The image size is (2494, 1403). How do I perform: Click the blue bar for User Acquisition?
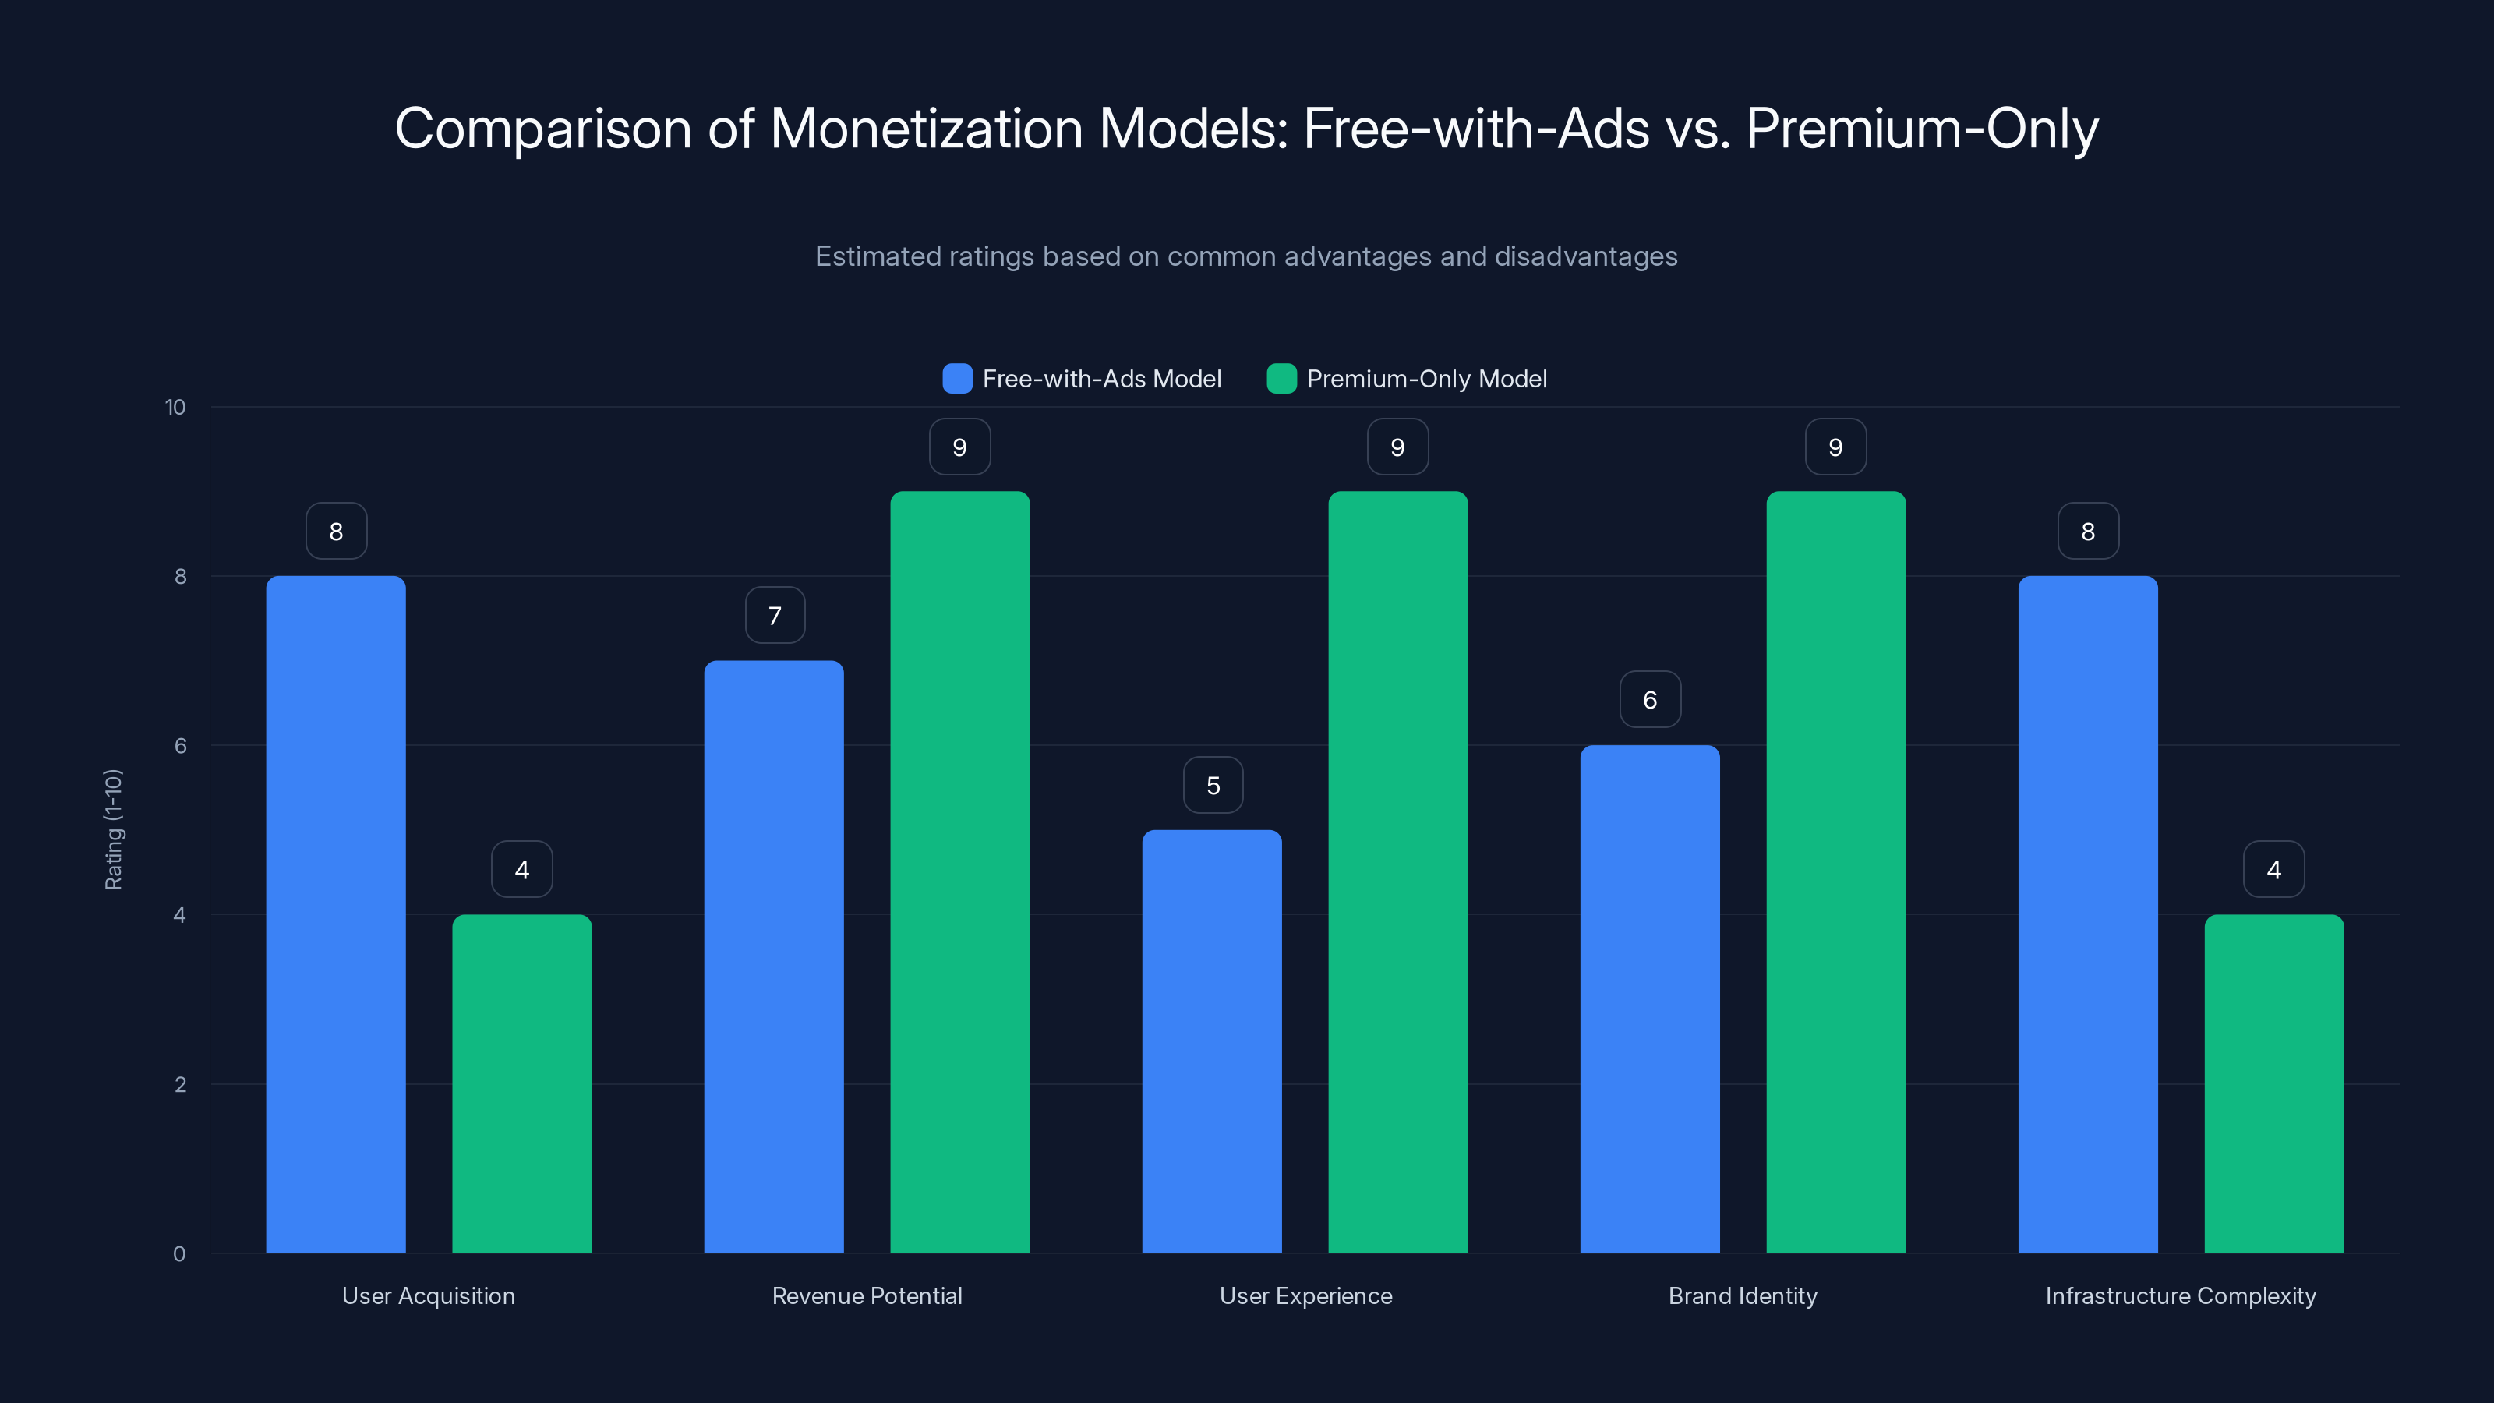(336, 914)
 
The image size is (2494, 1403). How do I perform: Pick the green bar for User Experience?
(1397, 871)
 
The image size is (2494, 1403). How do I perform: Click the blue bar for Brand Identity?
(1650, 998)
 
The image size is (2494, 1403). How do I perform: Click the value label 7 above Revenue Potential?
(775, 616)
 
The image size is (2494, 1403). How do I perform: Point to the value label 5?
(1213, 785)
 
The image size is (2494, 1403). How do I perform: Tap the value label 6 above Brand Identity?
(1650, 700)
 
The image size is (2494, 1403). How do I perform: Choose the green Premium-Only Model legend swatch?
(1281, 379)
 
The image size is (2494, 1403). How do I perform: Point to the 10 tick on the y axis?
(175, 408)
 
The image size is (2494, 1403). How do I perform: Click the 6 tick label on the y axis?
(180, 746)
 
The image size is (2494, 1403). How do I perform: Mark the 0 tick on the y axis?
(179, 1254)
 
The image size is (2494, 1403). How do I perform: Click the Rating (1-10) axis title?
(113, 830)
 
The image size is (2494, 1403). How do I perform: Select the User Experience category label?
(1305, 1295)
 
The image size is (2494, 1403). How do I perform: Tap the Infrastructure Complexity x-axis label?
(2181, 1295)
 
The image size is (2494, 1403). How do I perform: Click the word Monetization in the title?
(926, 129)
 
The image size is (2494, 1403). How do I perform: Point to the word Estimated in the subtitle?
(877, 256)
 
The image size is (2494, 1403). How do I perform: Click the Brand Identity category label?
(1743, 1295)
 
